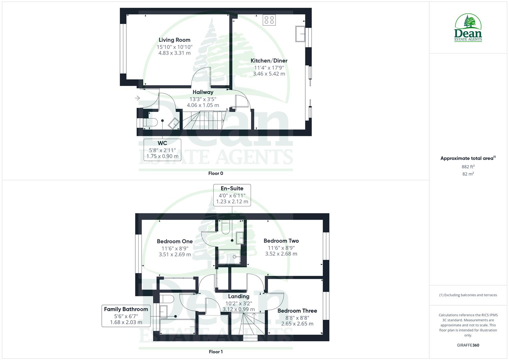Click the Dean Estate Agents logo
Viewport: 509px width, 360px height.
468,28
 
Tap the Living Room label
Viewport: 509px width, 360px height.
174,40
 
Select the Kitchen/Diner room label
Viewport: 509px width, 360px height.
269,61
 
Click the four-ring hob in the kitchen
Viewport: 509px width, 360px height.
269,20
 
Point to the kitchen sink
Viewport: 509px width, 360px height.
300,34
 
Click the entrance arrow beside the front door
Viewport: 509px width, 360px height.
137,98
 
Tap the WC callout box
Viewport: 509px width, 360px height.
162,149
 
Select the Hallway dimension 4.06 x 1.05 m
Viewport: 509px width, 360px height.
203,105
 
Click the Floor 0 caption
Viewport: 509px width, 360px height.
216,173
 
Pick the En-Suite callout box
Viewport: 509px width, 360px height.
232,195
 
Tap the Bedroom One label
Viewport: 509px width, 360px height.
175,241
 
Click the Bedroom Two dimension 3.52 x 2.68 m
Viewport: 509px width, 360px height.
281,254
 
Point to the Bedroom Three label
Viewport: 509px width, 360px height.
297,311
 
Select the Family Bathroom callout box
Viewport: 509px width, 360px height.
126,316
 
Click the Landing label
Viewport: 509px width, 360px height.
238,296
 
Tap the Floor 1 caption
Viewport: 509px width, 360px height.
216,352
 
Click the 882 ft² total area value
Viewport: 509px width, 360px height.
468,167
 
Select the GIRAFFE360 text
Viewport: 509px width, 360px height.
468,345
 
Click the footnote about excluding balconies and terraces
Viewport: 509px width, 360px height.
468,295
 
